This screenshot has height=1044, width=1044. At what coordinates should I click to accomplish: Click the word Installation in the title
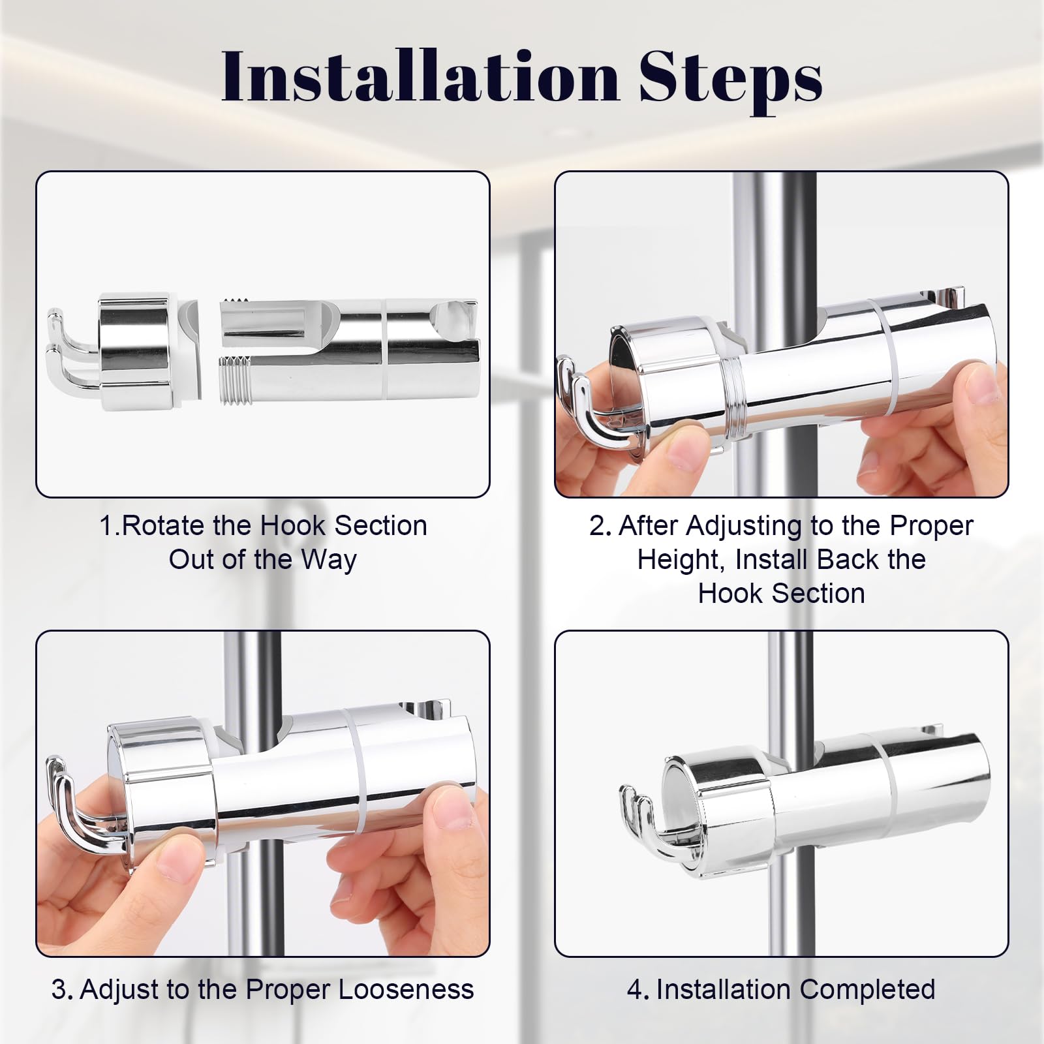pyautogui.click(x=420, y=78)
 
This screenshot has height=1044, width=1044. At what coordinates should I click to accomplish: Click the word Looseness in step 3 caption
pyautogui.click(x=406, y=989)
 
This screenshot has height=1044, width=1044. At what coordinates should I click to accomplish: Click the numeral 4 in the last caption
pyautogui.click(x=636, y=990)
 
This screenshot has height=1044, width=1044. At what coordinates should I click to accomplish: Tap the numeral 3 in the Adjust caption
pyautogui.click(x=59, y=990)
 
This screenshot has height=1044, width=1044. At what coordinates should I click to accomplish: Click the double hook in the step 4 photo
pyautogui.click(x=643, y=822)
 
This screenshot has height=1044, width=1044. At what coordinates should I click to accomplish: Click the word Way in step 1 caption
pyautogui.click(x=329, y=560)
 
